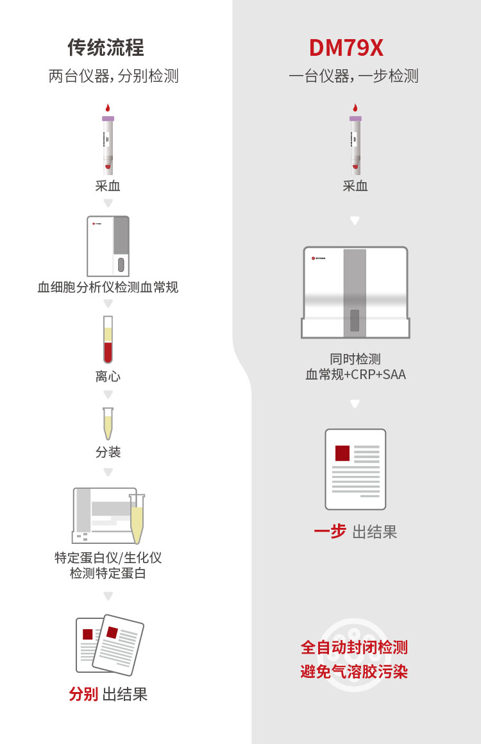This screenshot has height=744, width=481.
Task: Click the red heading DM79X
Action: point(346,48)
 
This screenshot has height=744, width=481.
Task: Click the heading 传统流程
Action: point(106,47)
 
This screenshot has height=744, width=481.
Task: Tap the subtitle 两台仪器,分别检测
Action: point(114,76)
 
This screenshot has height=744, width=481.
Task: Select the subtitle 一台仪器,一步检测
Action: point(353,76)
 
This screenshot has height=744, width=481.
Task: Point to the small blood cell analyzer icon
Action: point(108,246)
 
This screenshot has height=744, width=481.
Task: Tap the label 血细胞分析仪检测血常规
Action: point(108,287)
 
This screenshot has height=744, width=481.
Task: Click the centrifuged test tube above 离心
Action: point(108,340)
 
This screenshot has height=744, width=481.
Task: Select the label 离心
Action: point(108,376)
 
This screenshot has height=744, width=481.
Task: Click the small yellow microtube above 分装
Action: point(108,423)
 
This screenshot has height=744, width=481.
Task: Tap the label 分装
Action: point(108,452)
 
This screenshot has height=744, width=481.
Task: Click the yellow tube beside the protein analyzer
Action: point(137,518)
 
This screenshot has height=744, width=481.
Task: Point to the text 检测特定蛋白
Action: point(108,573)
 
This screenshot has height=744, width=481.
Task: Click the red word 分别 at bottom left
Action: point(83,694)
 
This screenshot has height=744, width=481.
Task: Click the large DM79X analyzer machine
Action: point(355,292)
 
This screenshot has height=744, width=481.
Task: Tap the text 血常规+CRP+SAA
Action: point(355,375)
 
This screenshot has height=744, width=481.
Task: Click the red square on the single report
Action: point(342,453)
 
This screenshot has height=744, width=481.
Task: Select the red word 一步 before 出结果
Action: point(330,531)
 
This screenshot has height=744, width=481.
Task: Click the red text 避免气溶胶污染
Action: point(354,672)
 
